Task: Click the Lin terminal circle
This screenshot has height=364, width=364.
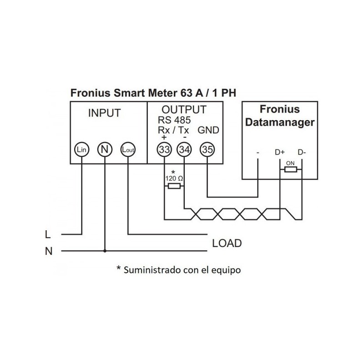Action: click(82, 149)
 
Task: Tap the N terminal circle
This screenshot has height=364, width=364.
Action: click(105, 149)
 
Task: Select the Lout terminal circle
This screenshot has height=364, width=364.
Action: click(128, 149)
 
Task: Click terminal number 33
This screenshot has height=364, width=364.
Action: click(164, 149)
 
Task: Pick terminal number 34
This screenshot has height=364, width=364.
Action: click(184, 149)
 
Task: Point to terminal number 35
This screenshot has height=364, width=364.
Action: click(207, 149)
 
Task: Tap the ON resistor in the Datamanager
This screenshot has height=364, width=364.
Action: click(290, 170)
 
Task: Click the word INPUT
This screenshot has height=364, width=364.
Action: click(104, 113)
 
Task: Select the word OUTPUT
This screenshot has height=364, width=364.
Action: click(184, 110)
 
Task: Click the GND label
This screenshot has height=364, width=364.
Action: click(209, 131)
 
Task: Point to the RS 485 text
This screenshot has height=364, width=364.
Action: click(174, 121)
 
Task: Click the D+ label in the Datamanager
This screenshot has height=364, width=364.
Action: click(280, 152)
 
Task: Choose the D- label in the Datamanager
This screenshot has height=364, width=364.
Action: click(302, 152)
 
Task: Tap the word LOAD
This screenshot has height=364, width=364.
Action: click(227, 243)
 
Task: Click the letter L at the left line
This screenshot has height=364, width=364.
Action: click(48, 235)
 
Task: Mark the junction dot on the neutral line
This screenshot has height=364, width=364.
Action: click(105, 251)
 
